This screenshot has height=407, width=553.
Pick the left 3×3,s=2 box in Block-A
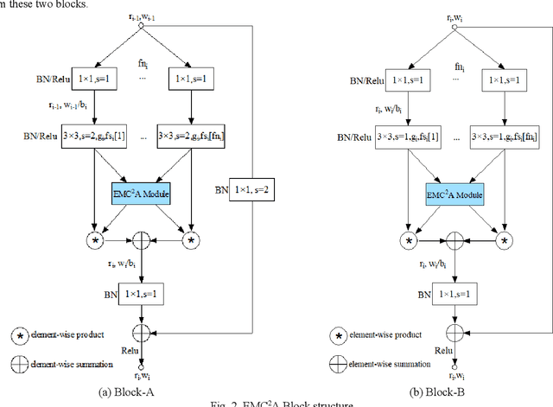coord(99,137)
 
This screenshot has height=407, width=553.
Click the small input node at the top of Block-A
coord(142,26)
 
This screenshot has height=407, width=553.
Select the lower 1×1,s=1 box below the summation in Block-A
coord(143,295)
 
